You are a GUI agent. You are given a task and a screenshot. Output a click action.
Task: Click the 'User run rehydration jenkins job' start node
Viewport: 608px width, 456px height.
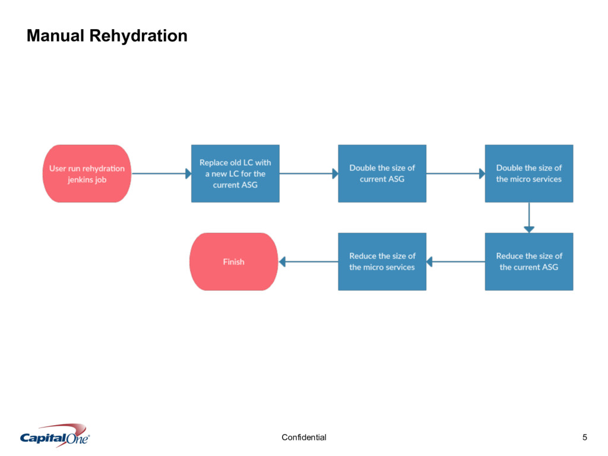[x=87, y=174]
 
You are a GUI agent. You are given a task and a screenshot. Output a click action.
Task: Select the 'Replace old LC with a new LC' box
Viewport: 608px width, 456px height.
[x=235, y=174]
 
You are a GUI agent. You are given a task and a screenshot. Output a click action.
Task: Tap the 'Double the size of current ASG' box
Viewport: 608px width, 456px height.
[x=382, y=174]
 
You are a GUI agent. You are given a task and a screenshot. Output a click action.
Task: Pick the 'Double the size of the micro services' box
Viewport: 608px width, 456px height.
[x=529, y=174]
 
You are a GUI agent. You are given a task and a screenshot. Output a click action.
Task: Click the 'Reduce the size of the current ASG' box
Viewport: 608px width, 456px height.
[x=529, y=262]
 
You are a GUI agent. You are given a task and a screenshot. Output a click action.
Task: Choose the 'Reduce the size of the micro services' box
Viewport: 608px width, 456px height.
[x=382, y=262]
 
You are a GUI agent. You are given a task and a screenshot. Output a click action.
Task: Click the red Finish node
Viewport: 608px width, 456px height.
[x=234, y=262]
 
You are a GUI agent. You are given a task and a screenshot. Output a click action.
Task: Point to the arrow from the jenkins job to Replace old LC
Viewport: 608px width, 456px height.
[x=161, y=174]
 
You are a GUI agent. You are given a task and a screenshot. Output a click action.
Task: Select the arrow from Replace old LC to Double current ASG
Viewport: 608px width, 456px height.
[x=309, y=174]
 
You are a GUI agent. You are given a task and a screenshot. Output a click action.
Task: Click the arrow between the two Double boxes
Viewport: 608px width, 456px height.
[x=455, y=174]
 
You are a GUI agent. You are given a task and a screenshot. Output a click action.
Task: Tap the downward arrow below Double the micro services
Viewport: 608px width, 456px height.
[x=529, y=217]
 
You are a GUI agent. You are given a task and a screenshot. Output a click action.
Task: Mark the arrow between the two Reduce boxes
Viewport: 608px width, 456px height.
[x=455, y=262]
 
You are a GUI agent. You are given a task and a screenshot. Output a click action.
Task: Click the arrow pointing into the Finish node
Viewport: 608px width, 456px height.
[x=308, y=262]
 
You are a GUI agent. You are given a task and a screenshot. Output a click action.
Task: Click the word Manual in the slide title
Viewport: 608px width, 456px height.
[x=55, y=36]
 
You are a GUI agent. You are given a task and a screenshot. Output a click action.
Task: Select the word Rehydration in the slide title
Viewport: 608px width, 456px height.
[x=138, y=36]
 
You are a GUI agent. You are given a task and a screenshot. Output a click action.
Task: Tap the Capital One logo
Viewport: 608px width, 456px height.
[x=55, y=435]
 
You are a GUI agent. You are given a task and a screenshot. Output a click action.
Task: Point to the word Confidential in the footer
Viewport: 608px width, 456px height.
[x=304, y=438]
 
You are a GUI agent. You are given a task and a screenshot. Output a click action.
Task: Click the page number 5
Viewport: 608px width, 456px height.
[x=585, y=438]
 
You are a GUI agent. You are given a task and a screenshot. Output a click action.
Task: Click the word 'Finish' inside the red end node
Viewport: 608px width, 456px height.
[x=234, y=262]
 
